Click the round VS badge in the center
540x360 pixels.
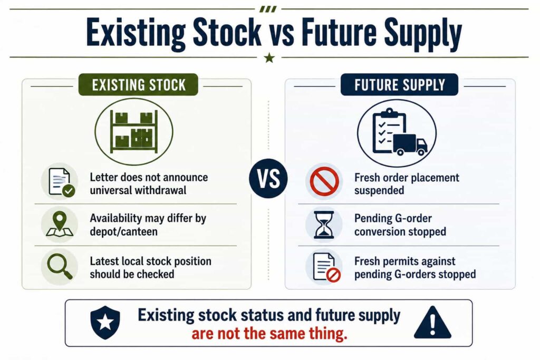click(x=268, y=178)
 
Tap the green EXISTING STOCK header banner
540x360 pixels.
click(x=139, y=85)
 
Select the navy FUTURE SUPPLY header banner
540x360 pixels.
click(x=400, y=85)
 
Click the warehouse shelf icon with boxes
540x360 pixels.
click(x=134, y=131)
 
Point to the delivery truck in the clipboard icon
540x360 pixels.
click(x=410, y=144)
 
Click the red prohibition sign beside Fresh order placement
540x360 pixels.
click(x=324, y=181)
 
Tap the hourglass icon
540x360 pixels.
click(x=324, y=225)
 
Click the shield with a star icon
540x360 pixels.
click(x=105, y=323)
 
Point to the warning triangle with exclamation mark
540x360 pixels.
click(x=432, y=322)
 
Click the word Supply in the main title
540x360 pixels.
click(x=423, y=33)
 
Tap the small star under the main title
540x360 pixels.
click(x=269, y=58)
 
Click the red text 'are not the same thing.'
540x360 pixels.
click(x=269, y=334)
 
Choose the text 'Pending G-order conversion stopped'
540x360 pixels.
click(x=400, y=225)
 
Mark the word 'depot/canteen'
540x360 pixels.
click(x=123, y=231)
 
